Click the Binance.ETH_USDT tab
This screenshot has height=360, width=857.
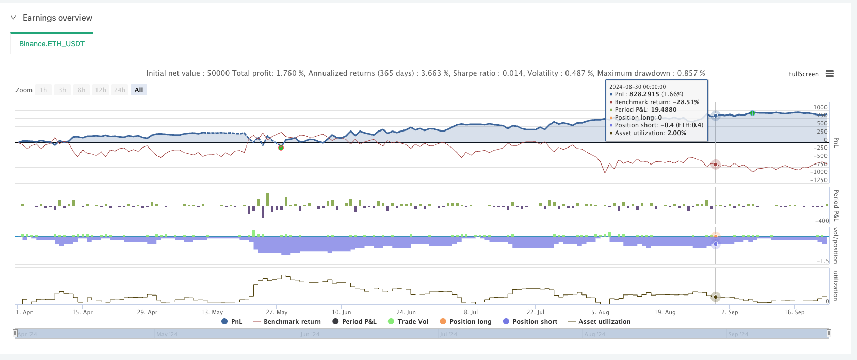point(52,44)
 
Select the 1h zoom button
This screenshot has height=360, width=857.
point(43,90)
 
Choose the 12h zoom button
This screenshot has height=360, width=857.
point(101,90)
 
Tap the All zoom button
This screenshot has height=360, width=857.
point(139,90)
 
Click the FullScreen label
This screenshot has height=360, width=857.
point(803,74)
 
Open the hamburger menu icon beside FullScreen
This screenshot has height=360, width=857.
point(830,74)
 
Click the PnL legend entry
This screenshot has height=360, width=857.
point(232,321)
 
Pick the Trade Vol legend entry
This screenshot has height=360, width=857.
point(408,321)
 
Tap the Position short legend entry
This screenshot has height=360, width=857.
point(530,321)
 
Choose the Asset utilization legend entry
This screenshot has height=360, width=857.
point(599,321)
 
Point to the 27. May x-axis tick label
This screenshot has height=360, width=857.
point(277,312)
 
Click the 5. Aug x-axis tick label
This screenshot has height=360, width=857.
point(600,312)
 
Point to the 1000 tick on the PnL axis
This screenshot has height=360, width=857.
point(820,107)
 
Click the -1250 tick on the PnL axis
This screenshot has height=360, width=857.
point(818,180)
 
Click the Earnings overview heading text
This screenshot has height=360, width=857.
point(57,18)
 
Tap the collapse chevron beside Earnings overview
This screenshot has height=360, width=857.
point(13,18)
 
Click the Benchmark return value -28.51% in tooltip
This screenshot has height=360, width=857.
point(686,102)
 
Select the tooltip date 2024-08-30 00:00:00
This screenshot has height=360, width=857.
point(637,87)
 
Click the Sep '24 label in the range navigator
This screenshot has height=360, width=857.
point(738,334)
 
